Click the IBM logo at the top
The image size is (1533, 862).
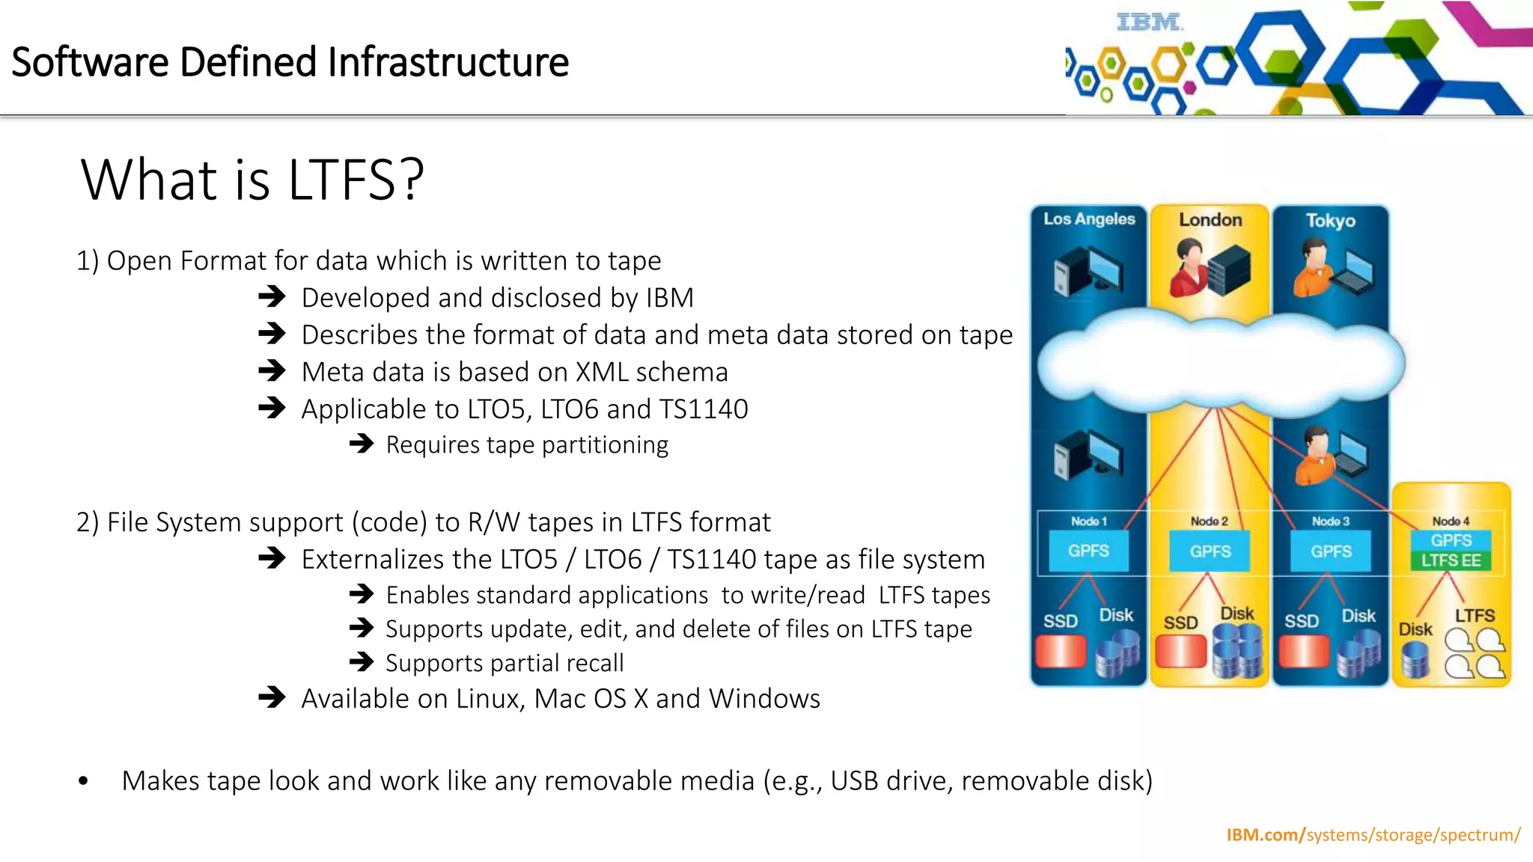coord(1149,23)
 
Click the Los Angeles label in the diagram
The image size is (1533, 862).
coord(1089,219)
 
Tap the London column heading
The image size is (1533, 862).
coord(1210,220)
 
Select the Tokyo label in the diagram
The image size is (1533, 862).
coord(1330,221)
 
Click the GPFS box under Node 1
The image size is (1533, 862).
coord(1088,551)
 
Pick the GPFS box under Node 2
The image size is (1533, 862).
coord(1210,551)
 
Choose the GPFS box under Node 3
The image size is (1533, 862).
coord(1331,551)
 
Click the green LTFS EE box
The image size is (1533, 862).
coord(1451,560)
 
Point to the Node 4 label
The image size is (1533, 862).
coord(1451,521)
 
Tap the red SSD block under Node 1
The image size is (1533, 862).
coord(1061,651)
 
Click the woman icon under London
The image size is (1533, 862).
coord(1188,267)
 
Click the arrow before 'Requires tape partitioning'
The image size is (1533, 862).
coord(362,444)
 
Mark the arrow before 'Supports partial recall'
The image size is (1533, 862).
coord(362,662)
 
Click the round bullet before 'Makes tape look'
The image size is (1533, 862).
coord(83,782)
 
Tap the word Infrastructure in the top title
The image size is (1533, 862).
coord(448,62)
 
